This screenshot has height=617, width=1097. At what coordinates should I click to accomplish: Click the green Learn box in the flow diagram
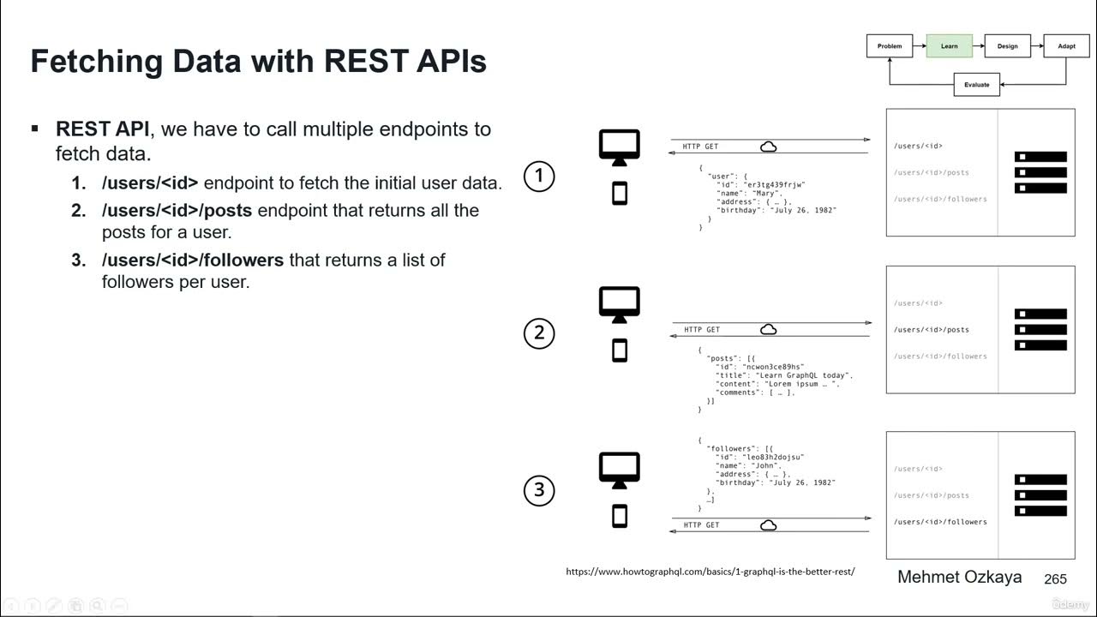pyautogui.click(x=949, y=46)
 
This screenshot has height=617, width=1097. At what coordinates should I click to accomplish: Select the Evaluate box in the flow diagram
pyautogui.click(x=976, y=85)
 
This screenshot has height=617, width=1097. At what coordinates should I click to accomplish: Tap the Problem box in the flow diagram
pyautogui.click(x=890, y=46)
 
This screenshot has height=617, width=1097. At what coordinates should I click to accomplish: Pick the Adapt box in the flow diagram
pyautogui.click(x=1066, y=46)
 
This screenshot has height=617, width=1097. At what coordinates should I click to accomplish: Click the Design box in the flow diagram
pyautogui.click(x=1007, y=46)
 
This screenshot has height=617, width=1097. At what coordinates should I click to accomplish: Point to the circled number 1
pyautogui.click(x=539, y=177)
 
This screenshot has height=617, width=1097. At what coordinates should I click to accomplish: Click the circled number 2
pyautogui.click(x=539, y=333)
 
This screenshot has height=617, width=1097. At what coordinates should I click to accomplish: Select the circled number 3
pyautogui.click(x=539, y=490)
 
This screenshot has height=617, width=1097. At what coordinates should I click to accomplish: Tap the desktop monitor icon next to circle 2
pyautogui.click(x=619, y=304)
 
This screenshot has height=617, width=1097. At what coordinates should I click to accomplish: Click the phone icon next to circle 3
pyautogui.click(x=620, y=516)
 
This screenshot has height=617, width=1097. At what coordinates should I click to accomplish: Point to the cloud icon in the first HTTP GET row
pyautogui.click(x=769, y=147)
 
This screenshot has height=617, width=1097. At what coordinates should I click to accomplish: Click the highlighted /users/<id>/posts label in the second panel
pyautogui.click(x=932, y=330)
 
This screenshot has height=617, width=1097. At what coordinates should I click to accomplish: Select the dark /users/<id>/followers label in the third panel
pyautogui.click(x=940, y=522)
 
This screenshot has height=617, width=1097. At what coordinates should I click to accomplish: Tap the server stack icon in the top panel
pyautogui.click(x=1040, y=172)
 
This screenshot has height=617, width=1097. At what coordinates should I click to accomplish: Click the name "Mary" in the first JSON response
pyautogui.click(x=766, y=194)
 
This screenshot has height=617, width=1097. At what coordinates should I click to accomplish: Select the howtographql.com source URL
pyautogui.click(x=710, y=572)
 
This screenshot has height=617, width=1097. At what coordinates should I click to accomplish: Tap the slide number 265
pyautogui.click(x=1055, y=580)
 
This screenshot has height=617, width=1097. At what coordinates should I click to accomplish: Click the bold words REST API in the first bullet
pyautogui.click(x=102, y=129)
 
